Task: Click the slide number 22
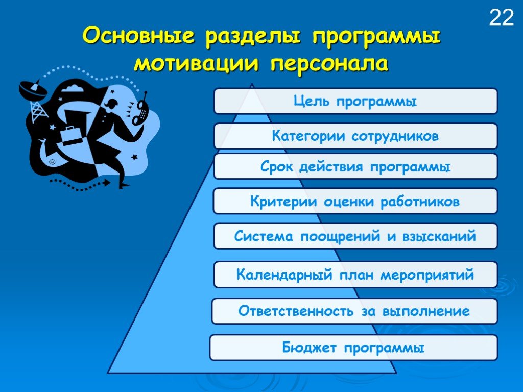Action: pyautogui.click(x=502, y=17)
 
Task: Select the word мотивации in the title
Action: pyautogui.click(x=196, y=63)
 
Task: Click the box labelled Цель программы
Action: pyautogui.click(x=355, y=101)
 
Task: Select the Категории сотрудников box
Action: pyautogui.click(x=355, y=136)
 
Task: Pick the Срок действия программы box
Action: pyautogui.click(x=355, y=166)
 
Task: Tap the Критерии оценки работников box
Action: pyautogui.click(x=355, y=201)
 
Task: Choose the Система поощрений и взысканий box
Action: pyautogui.click(x=355, y=236)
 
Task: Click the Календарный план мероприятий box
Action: pyautogui.click(x=355, y=275)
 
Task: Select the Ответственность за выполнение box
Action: pyautogui.click(x=354, y=311)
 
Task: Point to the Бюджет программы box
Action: pyautogui.click(x=353, y=347)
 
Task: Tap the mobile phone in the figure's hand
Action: pyautogui.click(x=141, y=109)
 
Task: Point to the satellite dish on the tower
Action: pyautogui.click(x=32, y=89)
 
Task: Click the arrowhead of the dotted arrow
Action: pyautogui.click(x=106, y=182)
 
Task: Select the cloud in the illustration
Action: pyautogui.click(x=73, y=88)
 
